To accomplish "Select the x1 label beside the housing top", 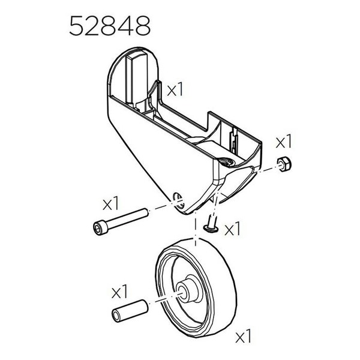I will click(175, 90).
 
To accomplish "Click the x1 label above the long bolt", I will click(112, 203).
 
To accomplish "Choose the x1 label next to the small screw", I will click(232, 229).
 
